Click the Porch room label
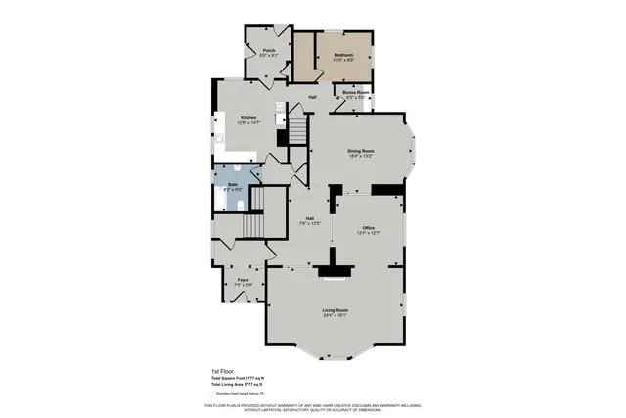click(268, 50)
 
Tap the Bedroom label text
click(342, 54)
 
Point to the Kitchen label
click(248, 118)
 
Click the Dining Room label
click(361, 150)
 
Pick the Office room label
click(368, 227)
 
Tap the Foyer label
click(243, 279)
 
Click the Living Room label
click(335, 310)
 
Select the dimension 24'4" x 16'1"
click(335, 316)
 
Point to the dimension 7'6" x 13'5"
click(310, 224)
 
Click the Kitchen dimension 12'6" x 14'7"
click(248, 124)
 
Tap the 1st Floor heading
click(223, 371)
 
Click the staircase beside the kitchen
click(296, 129)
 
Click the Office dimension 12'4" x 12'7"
click(368, 233)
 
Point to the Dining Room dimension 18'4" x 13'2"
click(361, 156)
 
